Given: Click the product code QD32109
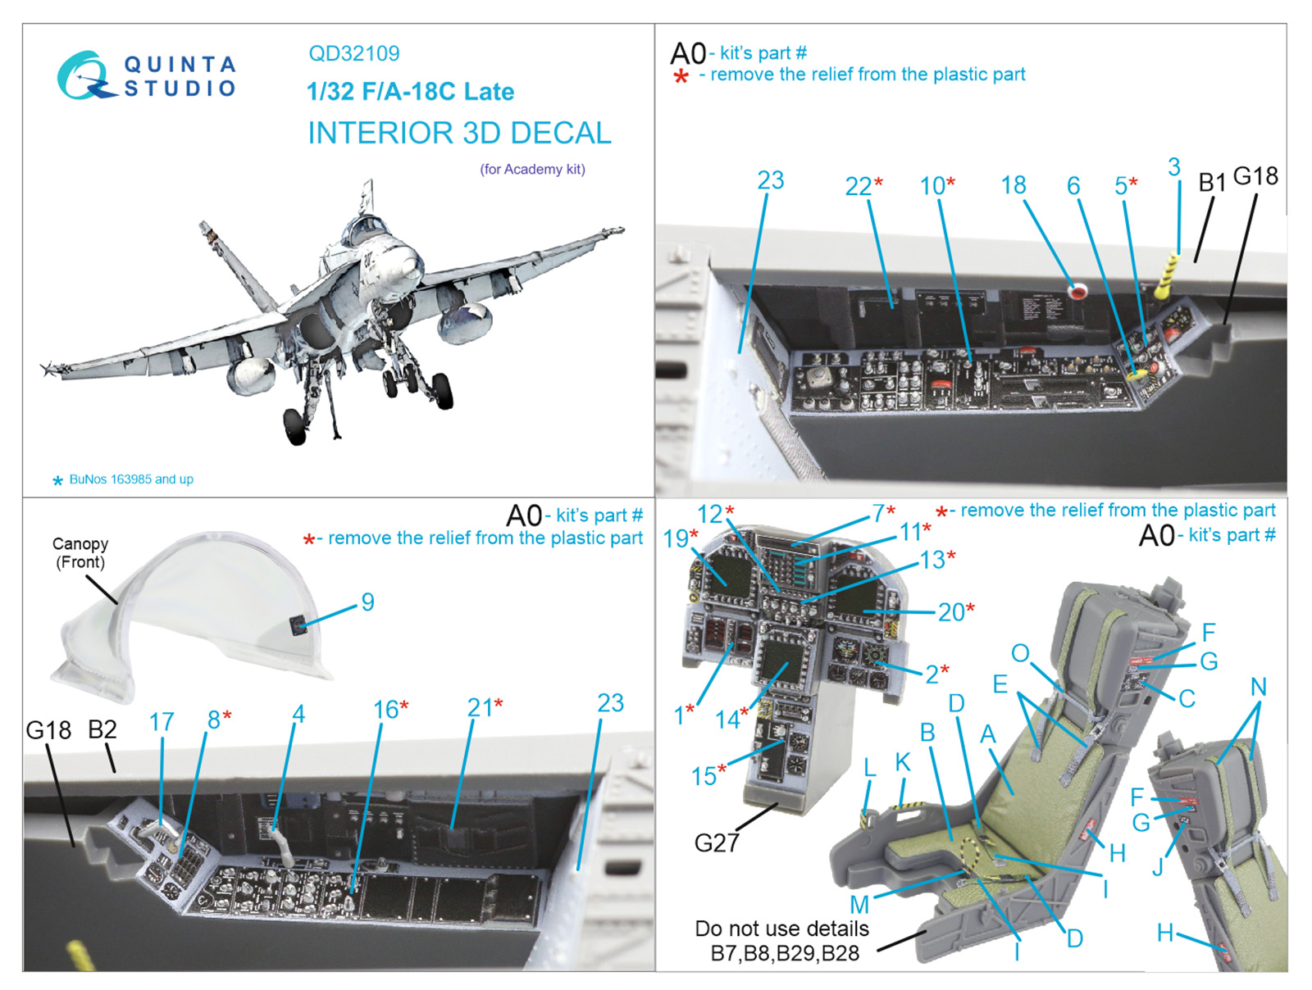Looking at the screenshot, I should (353, 54).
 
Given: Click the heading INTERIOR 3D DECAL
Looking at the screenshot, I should (459, 133).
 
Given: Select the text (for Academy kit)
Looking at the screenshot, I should (532, 170).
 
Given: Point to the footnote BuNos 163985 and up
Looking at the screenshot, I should (130, 479).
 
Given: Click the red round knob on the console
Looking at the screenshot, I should (1076, 289).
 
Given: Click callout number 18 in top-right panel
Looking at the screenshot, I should (1014, 185).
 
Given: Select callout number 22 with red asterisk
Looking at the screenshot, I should (859, 187).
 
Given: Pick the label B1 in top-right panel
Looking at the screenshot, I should (1211, 182).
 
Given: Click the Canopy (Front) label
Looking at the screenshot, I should (80, 553).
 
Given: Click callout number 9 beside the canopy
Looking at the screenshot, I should (367, 602).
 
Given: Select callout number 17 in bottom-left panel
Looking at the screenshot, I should (162, 722).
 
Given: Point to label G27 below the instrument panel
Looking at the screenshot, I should (716, 842).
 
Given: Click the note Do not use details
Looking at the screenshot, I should (781, 929).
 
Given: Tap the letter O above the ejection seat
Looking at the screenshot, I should (1019, 653).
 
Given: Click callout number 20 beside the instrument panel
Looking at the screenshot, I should (951, 612).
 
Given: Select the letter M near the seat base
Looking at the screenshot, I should (859, 905).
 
